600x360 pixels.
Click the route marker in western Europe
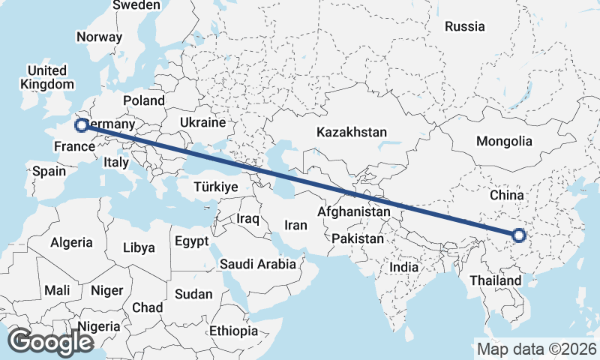[82, 125]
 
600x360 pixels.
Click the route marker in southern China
[518, 236]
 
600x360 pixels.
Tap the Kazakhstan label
[352, 132]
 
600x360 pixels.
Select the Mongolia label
[504, 141]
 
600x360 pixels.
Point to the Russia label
[464, 26]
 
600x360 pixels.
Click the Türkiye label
[215, 187]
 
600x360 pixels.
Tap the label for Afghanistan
[354, 212]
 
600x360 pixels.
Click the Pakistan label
[358, 239]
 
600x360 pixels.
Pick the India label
[404, 267]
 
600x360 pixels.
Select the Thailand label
[496, 280]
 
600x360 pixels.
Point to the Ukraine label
[202, 122]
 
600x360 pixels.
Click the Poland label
[144, 100]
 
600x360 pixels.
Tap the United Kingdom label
[47, 77]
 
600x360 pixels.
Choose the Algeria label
[71, 242]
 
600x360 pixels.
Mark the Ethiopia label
[234, 331]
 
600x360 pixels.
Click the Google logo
[50, 341]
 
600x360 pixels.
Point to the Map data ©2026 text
[536, 349]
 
